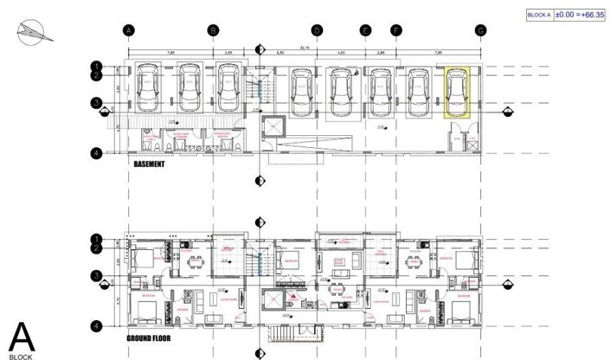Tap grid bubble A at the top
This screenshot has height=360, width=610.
(128, 30)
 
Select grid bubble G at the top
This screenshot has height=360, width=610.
(479, 30)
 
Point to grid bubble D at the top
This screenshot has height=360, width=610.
(318, 30)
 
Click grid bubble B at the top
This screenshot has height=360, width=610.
(213, 30)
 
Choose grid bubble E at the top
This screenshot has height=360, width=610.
(366, 30)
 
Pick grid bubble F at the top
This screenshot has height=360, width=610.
(396, 30)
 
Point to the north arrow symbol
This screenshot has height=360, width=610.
(31, 32)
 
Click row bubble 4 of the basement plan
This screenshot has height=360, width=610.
(97, 153)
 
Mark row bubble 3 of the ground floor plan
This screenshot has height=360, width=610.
(97, 276)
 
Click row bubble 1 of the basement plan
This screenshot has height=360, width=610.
(97, 66)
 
